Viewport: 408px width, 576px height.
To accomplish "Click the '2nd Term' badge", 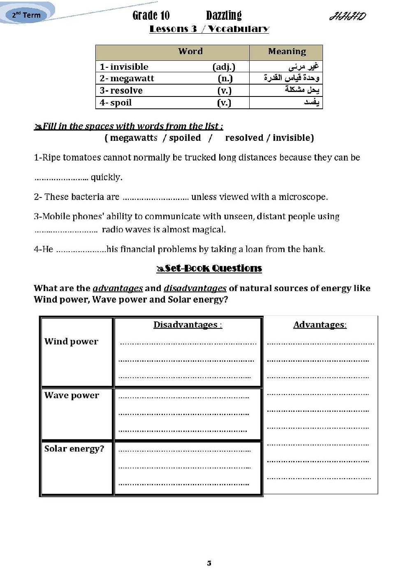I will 26,15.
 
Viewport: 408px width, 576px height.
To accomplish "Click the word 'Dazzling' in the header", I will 224,16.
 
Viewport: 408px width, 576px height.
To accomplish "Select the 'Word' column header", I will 190,51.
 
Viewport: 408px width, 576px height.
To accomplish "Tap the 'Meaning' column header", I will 287,51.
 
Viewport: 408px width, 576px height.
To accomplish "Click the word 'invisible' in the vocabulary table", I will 129,67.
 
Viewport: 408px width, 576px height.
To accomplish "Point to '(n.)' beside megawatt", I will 225,78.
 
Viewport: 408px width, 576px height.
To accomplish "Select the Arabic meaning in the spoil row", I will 312,102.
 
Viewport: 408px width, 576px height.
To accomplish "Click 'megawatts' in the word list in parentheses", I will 134,138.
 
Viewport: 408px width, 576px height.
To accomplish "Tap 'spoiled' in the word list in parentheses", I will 185,138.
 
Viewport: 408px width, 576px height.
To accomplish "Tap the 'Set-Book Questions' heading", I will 209,268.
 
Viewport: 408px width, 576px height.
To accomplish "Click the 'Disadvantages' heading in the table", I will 187,325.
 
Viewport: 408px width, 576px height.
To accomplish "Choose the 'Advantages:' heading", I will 320,325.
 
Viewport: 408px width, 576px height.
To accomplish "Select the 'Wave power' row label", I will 72,395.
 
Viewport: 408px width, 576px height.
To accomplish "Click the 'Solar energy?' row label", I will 74,449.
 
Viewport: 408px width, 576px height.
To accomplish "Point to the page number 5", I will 209,563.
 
